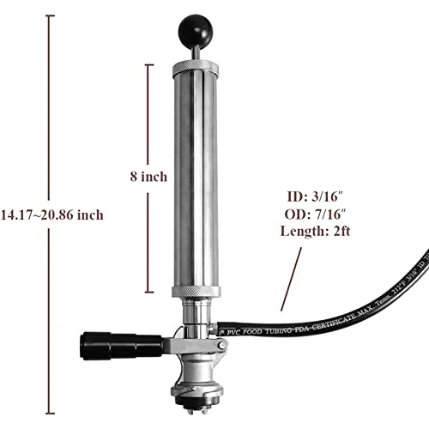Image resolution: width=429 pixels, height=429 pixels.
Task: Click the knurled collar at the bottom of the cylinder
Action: click(x=196, y=293)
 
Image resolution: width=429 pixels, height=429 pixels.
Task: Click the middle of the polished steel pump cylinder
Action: click(x=196, y=180)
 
